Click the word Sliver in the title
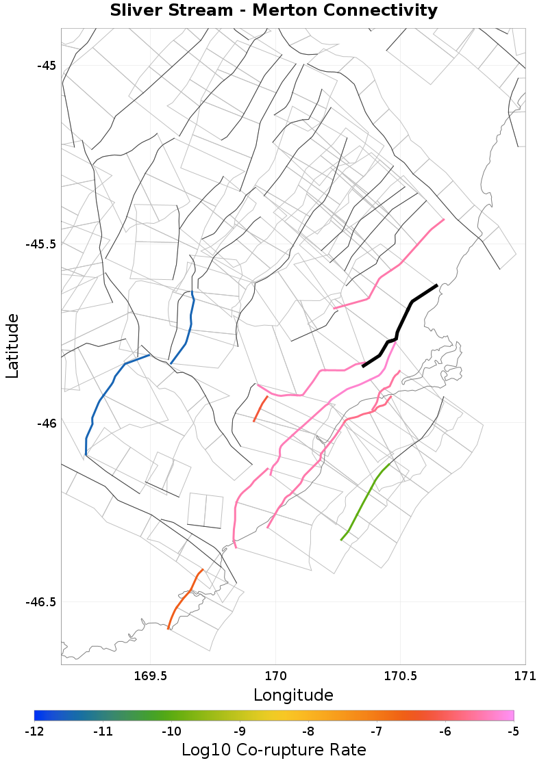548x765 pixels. click(x=136, y=11)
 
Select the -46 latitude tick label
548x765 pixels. click(x=46, y=423)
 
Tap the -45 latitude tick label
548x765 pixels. click(x=46, y=66)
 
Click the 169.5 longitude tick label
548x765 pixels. click(x=151, y=677)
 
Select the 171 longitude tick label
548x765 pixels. click(x=525, y=677)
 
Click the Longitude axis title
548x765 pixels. click(x=293, y=695)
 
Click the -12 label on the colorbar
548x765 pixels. click(x=34, y=731)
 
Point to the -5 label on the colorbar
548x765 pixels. click(x=514, y=731)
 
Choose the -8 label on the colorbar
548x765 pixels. click(x=308, y=731)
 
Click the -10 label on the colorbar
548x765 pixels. click(x=171, y=731)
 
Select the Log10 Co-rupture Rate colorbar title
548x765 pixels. click(x=274, y=750)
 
